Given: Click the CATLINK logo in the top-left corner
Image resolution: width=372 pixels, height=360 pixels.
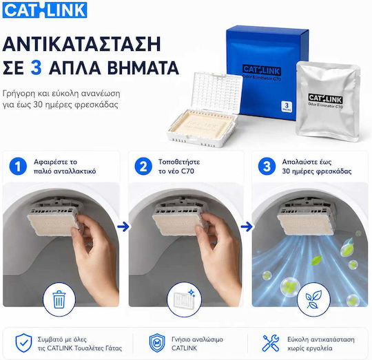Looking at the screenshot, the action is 45,10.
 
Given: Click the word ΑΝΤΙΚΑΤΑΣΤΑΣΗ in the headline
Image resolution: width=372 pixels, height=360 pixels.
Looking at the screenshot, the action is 82,44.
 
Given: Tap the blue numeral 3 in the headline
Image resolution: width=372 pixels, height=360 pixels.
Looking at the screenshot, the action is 37,67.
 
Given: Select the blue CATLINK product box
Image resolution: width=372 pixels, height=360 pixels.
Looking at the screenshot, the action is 266,71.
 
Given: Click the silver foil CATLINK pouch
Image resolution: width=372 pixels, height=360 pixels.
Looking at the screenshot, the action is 328,101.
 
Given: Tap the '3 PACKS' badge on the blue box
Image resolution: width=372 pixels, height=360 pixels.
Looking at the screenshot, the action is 287,107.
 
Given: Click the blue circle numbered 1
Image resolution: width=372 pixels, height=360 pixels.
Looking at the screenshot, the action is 18,167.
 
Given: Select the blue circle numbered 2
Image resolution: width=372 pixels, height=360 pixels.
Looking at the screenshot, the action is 143,167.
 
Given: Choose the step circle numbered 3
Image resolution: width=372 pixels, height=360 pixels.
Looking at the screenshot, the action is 267,167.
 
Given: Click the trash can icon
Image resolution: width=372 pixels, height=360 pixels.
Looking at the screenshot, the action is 59,299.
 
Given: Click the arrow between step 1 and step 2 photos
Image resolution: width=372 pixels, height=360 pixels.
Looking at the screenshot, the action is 123,227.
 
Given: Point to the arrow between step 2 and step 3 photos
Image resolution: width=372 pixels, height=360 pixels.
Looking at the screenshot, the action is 247,227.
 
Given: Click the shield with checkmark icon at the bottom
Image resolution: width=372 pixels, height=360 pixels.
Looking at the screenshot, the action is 23,343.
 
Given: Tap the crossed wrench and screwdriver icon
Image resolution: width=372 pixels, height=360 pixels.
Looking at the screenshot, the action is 271,343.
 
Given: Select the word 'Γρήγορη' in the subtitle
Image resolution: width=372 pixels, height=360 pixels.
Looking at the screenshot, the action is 19,94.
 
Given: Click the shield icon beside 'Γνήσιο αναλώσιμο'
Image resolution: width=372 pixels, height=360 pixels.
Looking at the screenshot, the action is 157,343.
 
